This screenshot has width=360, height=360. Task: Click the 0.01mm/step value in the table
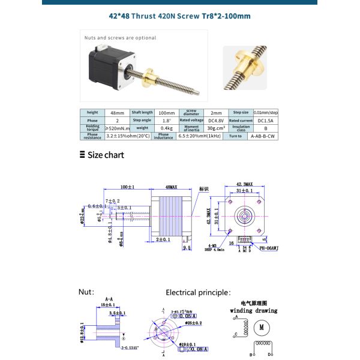coord(266,112)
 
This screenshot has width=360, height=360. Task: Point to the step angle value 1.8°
coord(166,120)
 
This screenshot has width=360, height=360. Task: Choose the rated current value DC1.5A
coord(266,120)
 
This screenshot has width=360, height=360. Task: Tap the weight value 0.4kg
coord(166,128)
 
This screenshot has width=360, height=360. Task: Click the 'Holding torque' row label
coord(92,128)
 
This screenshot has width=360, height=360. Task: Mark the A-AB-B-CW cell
coord(266,136)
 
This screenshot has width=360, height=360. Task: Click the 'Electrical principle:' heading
coord(198,292)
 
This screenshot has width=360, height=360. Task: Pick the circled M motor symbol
coord(261,328)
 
